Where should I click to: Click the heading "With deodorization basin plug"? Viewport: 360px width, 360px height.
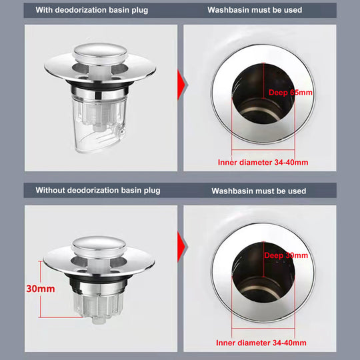92,10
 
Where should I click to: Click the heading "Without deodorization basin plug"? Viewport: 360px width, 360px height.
98,191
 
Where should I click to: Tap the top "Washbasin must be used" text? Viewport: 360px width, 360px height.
255,10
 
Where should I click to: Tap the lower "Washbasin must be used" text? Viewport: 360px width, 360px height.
259,191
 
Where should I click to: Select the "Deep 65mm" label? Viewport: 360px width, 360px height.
291,93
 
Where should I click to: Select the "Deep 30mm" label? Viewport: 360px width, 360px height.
286,255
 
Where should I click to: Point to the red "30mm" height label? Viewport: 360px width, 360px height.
41,289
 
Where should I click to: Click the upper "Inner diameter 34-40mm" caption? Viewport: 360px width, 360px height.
263,162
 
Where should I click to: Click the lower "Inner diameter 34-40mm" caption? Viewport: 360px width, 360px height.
261,343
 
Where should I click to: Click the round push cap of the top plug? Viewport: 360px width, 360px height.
100,53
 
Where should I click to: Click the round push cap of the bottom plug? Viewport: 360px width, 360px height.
99,247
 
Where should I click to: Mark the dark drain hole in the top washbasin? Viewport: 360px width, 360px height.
263,94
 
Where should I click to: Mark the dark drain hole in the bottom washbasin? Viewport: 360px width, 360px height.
263,273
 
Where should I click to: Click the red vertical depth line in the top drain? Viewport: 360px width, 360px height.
264,81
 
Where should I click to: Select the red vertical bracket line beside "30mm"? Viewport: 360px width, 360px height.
41,289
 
